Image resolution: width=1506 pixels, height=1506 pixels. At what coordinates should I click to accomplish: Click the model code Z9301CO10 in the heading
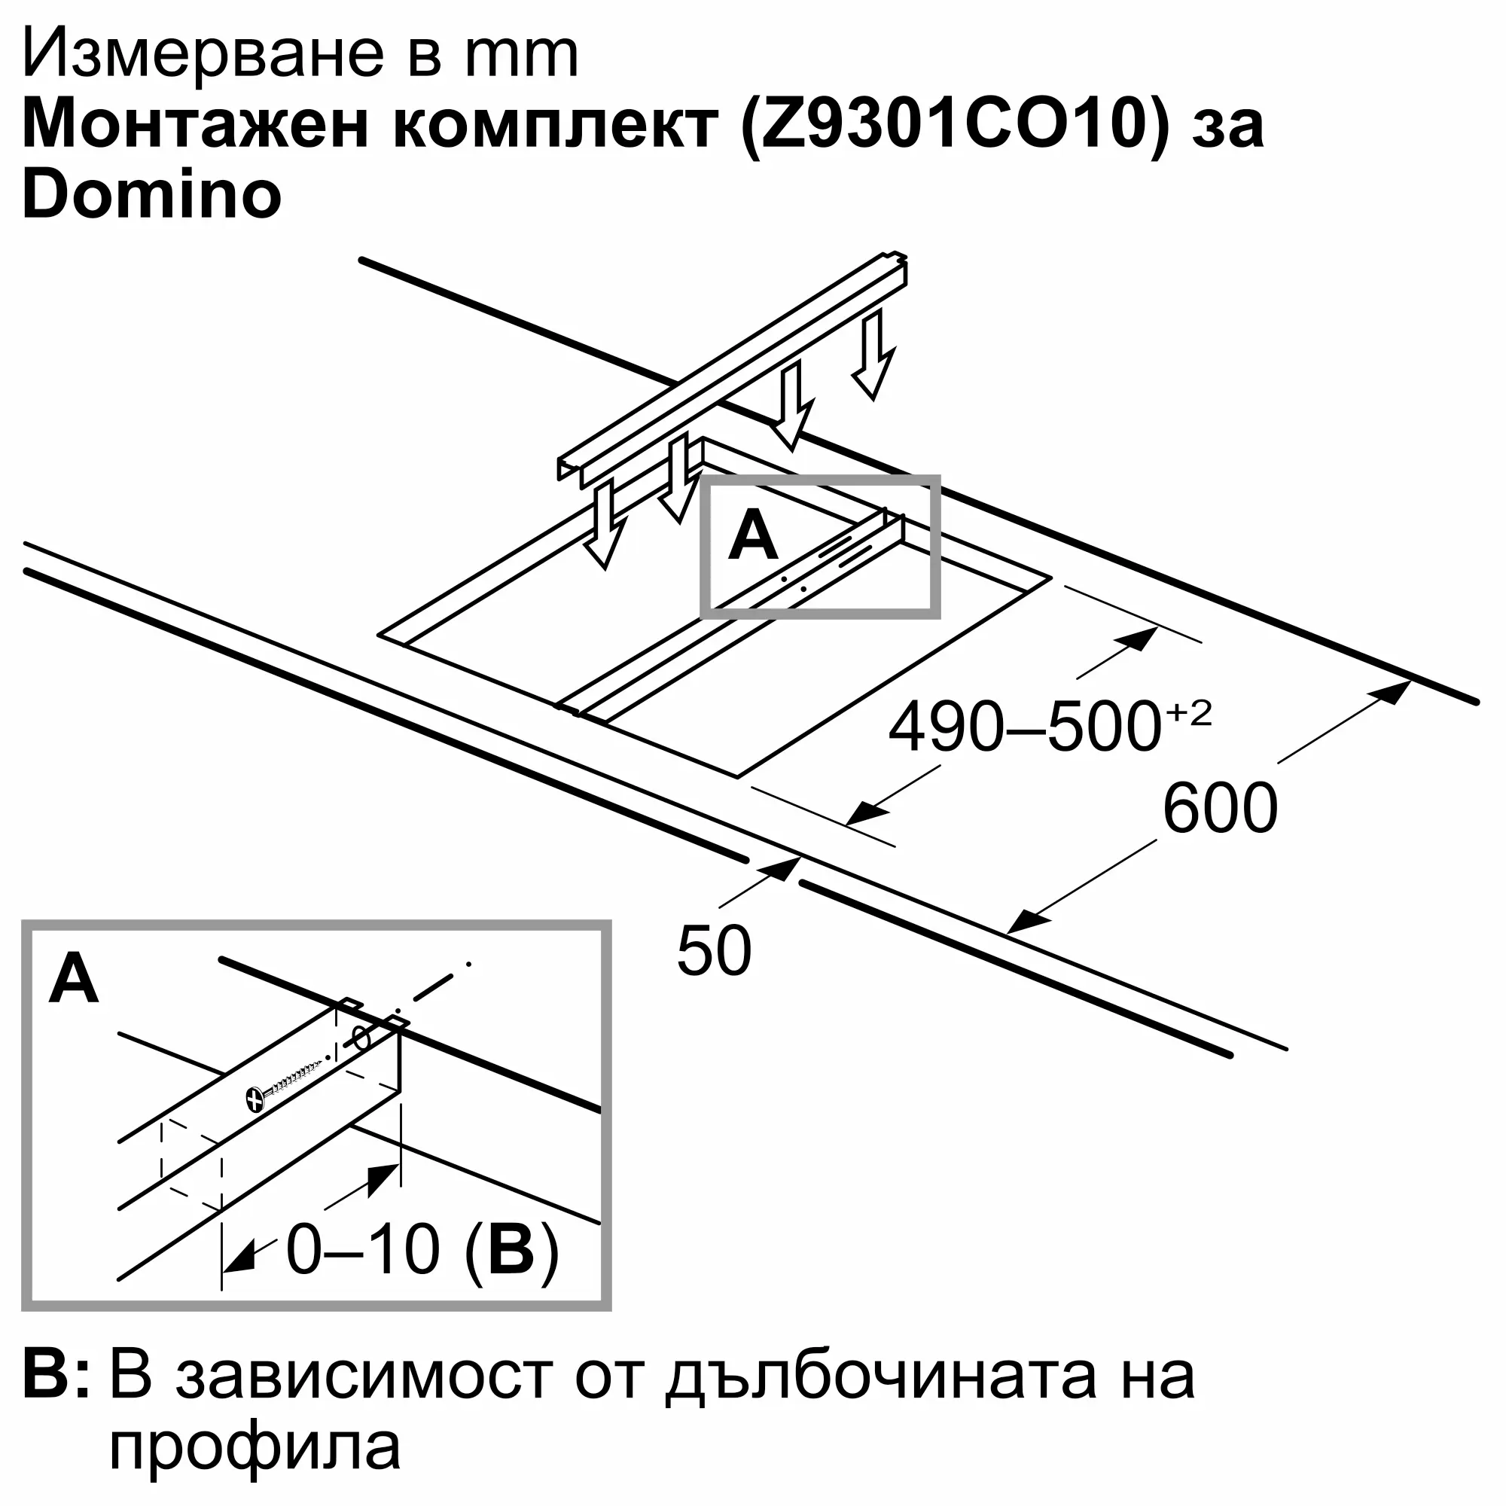click(x=957, y=127)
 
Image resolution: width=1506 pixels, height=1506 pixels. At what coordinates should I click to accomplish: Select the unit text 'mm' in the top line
click(x=522, y=56)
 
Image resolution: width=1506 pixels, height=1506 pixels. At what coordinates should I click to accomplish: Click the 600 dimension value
click(x=1220, y=809)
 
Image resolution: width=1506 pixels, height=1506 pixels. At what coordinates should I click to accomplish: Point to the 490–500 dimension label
click(x=1024, y=727)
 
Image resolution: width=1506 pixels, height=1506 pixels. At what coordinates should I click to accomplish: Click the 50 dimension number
click(x=714, y=951)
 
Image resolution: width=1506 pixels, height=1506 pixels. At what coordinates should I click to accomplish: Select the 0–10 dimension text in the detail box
click(x=363, y=1249)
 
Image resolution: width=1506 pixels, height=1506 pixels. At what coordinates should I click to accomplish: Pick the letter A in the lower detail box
click(x=73, y=979)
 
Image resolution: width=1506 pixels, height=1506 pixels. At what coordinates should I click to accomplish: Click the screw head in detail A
click(x=256, y=1099)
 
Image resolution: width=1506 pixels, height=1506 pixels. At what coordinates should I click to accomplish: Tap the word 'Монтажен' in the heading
click(x=195, y=127)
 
